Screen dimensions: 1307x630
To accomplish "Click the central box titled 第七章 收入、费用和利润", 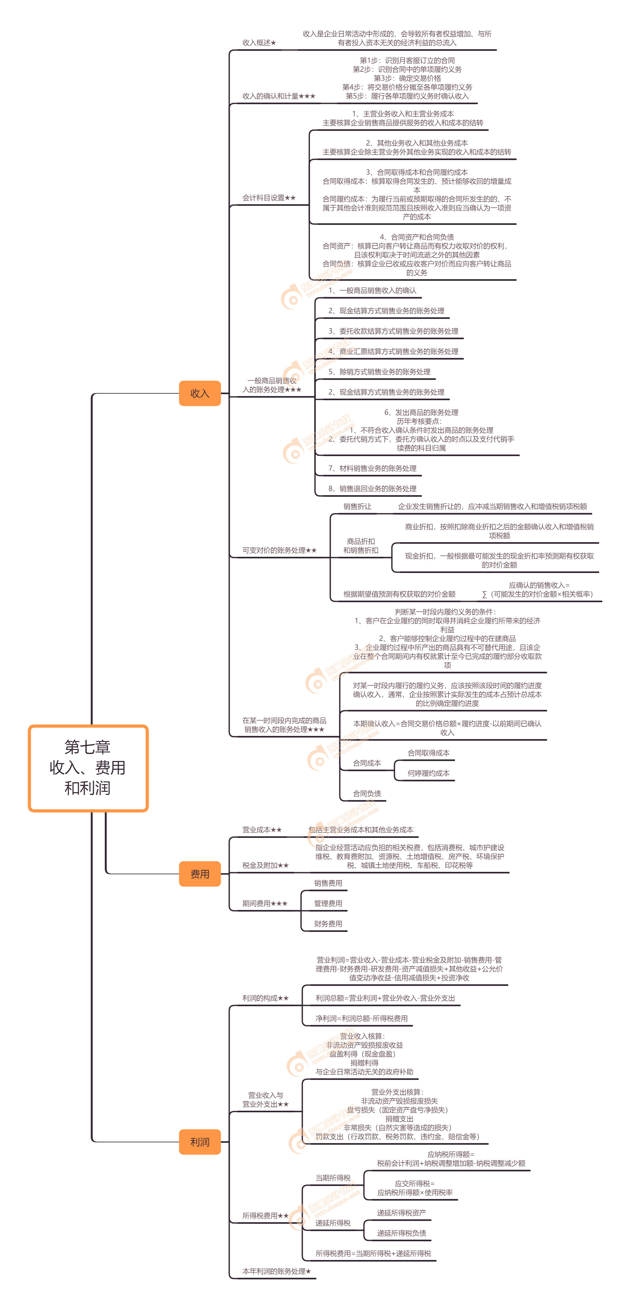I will click(x=88, y=768).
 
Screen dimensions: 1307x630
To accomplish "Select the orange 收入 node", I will click(x=200, y=393).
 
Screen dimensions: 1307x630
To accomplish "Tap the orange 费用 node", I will click(x=200, y=874).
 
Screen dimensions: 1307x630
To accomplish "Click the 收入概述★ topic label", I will click(x=259, y=43).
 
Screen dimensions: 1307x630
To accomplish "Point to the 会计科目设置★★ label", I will click(x=268, y=198).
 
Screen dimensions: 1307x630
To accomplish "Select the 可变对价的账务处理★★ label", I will click(x=279, y=550).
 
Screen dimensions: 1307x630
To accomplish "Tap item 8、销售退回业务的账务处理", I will click(x=372, y=488).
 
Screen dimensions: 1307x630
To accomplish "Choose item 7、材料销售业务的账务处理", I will click(x=372, y=468).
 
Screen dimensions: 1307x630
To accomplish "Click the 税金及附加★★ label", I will click(x=265, y=865).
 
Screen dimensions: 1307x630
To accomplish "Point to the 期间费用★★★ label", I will click(x=265, y=903).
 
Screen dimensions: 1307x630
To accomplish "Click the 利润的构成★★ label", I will click(x=265, y=998).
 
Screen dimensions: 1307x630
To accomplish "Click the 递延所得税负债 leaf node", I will click(x=401, y=1233).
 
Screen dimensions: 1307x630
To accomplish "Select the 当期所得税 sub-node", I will click(x=333, y=1178).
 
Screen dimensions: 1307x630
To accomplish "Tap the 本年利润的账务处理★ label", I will click(x=276, y=1271).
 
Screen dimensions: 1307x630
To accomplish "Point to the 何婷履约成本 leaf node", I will click(x=428, y=773).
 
